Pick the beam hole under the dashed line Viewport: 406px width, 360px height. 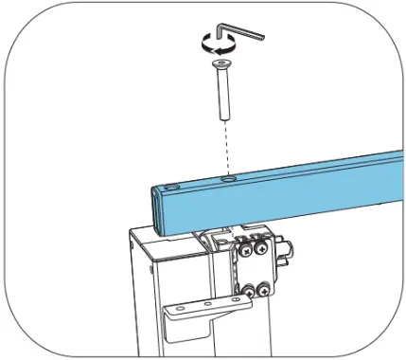[x=227, y=177]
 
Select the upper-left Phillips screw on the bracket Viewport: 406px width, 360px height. [x=245, y=250]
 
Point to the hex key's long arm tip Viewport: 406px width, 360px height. [x=264, y=38]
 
